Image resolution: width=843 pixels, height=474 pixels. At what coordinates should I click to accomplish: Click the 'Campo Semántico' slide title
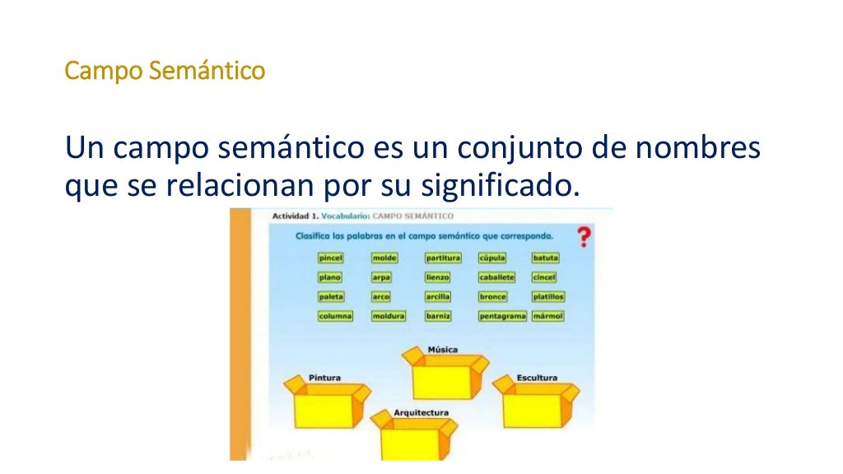[x=165, y=72]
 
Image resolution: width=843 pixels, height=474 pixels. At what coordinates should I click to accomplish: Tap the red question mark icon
[x=584, y=237]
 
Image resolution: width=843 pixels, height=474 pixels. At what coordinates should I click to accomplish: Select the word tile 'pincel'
[x=330, y=258]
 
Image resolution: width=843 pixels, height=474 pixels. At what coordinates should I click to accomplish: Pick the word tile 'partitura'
[x=443, y=258]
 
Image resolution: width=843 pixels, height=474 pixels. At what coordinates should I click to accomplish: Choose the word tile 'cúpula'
[x=492, y=258]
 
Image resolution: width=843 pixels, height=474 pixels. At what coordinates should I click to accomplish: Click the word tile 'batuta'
[x=545, y=258]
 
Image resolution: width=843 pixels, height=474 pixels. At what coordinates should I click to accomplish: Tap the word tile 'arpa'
[x=381, y=277]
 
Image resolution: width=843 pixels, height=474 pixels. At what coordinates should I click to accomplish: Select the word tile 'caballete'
[x=496, y=277]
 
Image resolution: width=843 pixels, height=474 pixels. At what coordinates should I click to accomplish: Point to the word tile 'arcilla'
[x=438, y=296]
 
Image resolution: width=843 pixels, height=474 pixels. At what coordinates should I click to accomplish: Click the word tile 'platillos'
[x=548, y=296]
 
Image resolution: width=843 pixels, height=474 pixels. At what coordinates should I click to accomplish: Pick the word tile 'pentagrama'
[x=502, y=316]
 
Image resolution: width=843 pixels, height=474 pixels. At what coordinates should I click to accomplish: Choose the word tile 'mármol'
[x=547, y=316]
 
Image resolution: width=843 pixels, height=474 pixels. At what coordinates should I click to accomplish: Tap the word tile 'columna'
[x=335, y=316]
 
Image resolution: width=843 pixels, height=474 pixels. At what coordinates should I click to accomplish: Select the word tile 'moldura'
[x=388, y=316]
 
